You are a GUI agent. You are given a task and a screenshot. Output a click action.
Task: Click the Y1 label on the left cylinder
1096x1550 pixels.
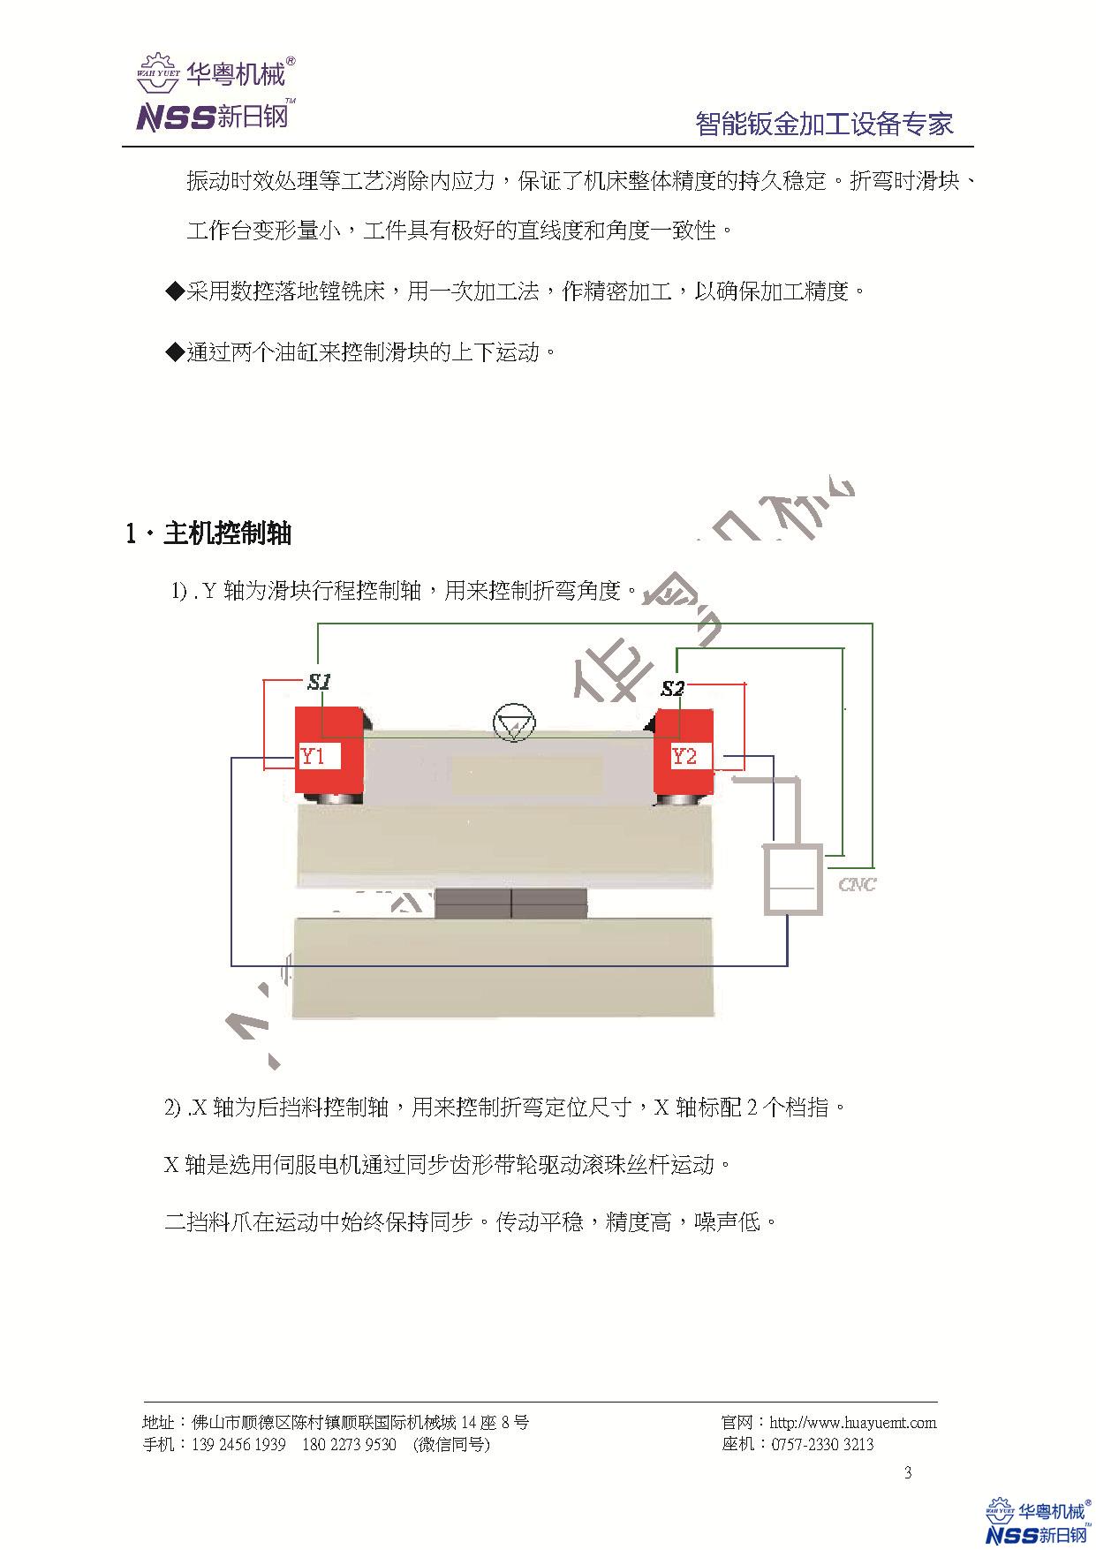(x=314, y=757)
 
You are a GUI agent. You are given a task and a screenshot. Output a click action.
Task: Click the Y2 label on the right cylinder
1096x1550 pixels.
(x=684, y=757)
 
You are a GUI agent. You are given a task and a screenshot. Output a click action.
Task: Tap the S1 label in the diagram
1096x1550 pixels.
(x=319, y=682)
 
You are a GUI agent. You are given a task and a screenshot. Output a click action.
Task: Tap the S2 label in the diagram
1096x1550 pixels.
(x=673, y=689)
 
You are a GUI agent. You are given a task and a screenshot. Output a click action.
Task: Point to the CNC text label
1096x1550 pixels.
(x=857, y=884)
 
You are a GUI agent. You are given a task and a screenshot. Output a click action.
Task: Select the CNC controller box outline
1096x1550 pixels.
(x=792, y=880)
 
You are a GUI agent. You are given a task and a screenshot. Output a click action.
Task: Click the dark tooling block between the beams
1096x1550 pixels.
(x=511, y=904)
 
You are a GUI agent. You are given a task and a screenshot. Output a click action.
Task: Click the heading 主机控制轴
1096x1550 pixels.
(x=227, y=533)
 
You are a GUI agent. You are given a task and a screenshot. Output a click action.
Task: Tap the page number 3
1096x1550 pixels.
(x=908, y=1472)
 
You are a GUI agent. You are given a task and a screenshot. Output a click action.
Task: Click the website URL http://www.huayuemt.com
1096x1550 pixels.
(x=852, y=1423)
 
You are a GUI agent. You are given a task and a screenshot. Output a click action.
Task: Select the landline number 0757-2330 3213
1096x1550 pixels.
(x=822, y=1445)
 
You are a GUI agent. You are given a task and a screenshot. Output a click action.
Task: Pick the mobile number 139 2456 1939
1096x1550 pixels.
(x=238, y=1445)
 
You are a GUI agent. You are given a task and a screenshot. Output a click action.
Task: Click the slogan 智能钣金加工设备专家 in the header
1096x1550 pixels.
(x=824, y=124)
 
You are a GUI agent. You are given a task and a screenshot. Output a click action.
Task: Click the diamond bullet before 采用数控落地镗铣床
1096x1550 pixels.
(x=173, y=291)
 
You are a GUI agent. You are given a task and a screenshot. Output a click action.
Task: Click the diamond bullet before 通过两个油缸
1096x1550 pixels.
(x=173, y=352)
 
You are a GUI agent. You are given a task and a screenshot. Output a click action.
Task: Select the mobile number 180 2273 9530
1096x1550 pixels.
(x=349, y=1445)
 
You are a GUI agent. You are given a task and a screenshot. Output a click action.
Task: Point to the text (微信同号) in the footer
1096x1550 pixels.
(x=450, y=1445)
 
